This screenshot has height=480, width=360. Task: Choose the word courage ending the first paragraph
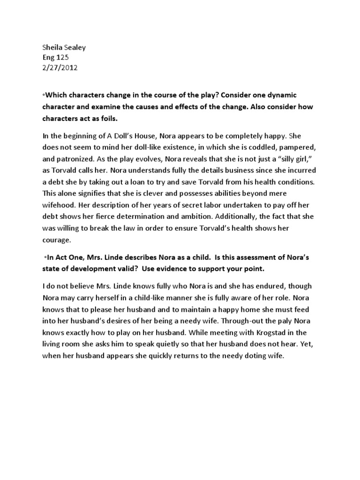pos(58,240)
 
